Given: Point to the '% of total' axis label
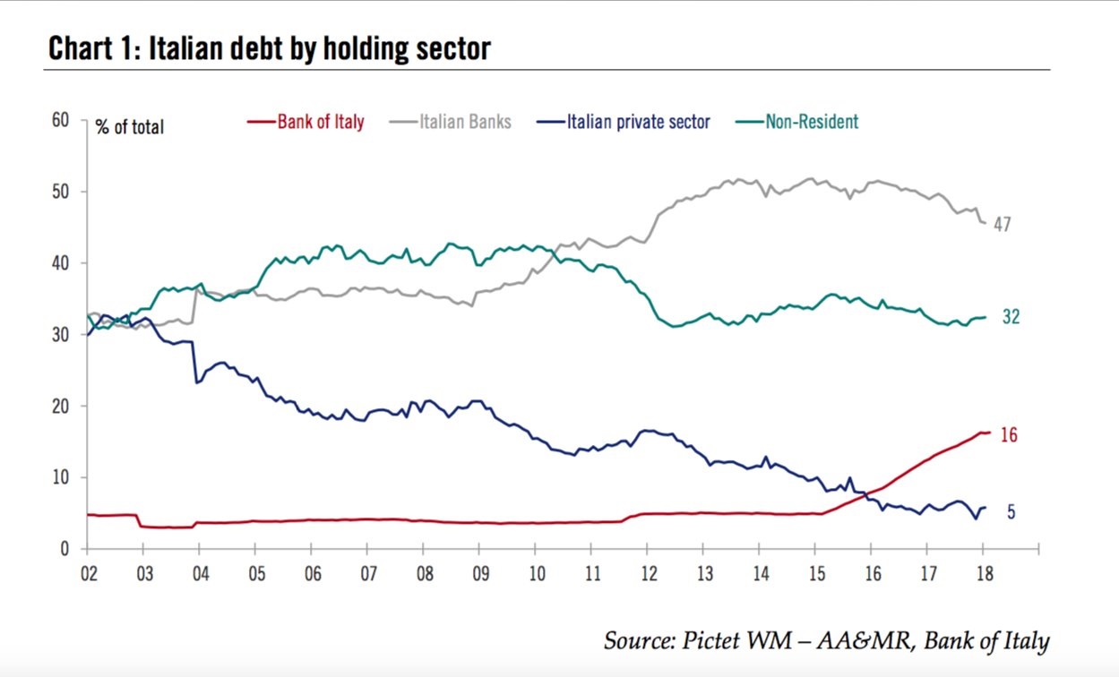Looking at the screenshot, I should point(130,127).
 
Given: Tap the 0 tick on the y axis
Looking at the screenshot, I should point(65,549).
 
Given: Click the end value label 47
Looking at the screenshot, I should point(1002,225).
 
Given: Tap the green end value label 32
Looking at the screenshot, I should point(1011,317).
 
